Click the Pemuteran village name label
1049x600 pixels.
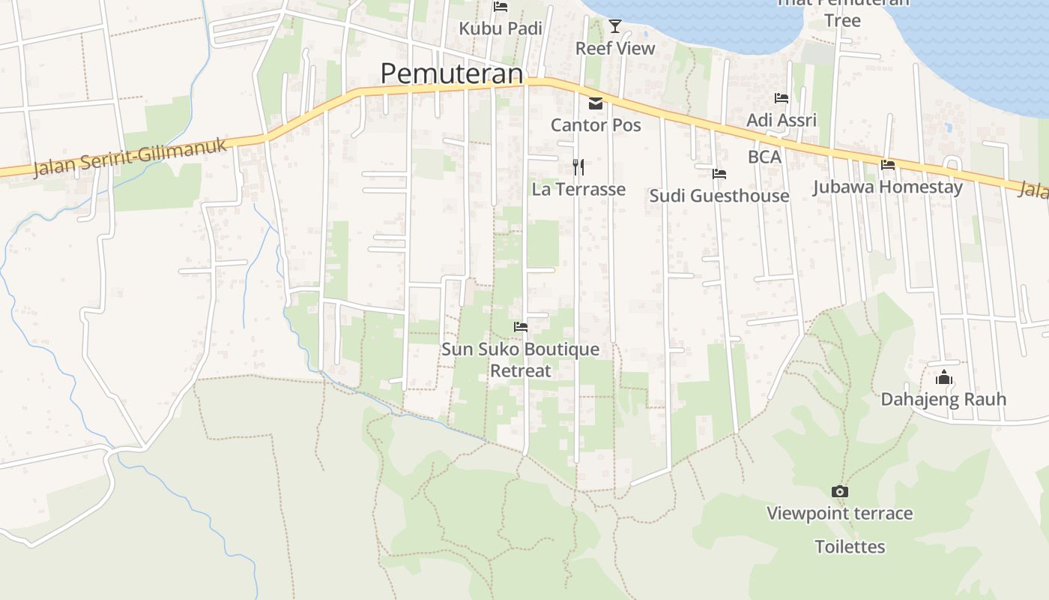(x=451, y=73)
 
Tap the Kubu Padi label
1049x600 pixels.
(x=500, y=28)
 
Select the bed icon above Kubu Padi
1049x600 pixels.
(x=501, y=7)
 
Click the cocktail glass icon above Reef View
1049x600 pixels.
(x=615, y=26)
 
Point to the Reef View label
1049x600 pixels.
(x=615, y=48)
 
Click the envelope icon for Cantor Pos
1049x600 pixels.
(x=596, y=103)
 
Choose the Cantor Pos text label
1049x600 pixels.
(x=596, y=124)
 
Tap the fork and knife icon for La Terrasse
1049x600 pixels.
(x=578, y=166)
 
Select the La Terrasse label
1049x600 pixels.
(x=578, y=189)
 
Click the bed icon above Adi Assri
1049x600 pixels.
(x=782, y=98)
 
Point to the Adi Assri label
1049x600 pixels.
(x=782, y=120)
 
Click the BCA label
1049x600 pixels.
(x=764, y=157)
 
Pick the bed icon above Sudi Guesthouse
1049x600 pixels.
(x=719, y=174)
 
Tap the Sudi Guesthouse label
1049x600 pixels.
(x=719, y=196)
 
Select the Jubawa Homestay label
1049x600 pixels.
(x=888, y=187)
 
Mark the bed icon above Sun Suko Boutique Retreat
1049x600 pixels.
(x=520, y=327)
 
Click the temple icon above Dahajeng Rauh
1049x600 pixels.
(x=943, y=377)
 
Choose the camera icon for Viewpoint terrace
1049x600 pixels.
(x=840, y=492)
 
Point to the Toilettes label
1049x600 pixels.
(x=850, y=547)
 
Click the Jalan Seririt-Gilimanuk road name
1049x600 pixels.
(x=130, y=157)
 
